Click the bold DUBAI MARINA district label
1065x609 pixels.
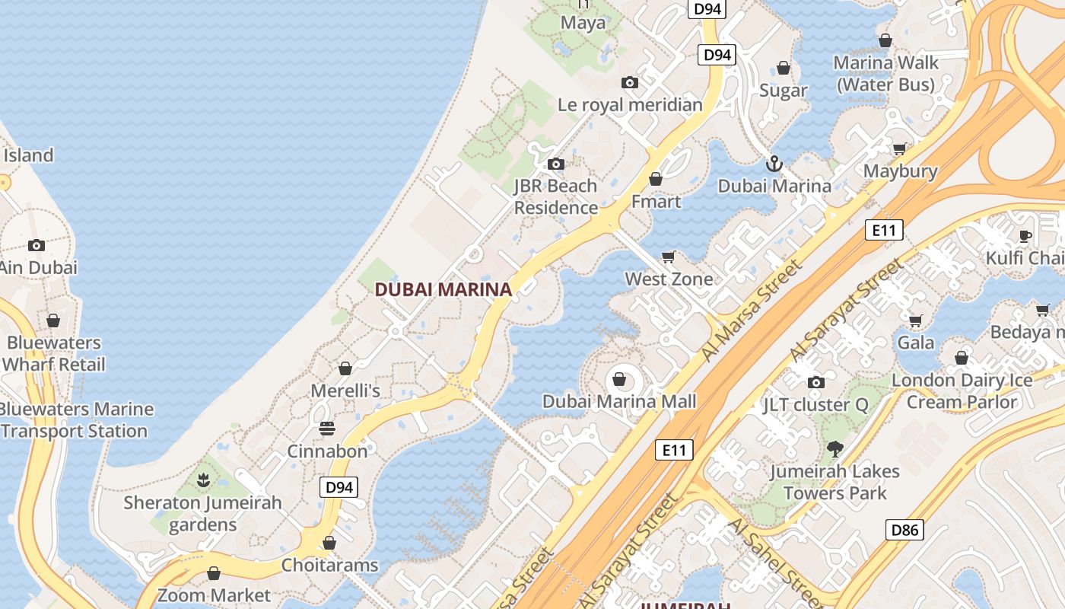[x=443, y=290]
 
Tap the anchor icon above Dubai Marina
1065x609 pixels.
[x=774, y=164]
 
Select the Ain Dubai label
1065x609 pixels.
[x=38, y=267]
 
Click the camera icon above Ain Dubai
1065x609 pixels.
[x=36, y=245]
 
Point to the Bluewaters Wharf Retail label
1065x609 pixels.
[x=53, y=353]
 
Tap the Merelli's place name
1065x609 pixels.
[x=345, y=391]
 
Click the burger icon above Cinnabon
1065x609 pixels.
[x=327, y=429]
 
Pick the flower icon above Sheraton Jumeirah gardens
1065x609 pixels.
[x=203, y=480]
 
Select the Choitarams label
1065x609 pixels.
[x=329, y=565]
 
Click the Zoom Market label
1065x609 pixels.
[x=214, y=595]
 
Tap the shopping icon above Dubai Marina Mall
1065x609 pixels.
[x=619, y=378]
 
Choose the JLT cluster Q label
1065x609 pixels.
[x=815, y=405]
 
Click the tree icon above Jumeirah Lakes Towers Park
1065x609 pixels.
[x=835, y=449]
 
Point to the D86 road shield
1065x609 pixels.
[x=904, y=530]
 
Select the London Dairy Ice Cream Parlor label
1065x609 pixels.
[x=962, y=391]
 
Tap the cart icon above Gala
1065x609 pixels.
[x=916, y=320]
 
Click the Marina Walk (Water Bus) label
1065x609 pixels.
[x=885, y=73]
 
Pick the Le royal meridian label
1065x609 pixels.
[x=630, y=104]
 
